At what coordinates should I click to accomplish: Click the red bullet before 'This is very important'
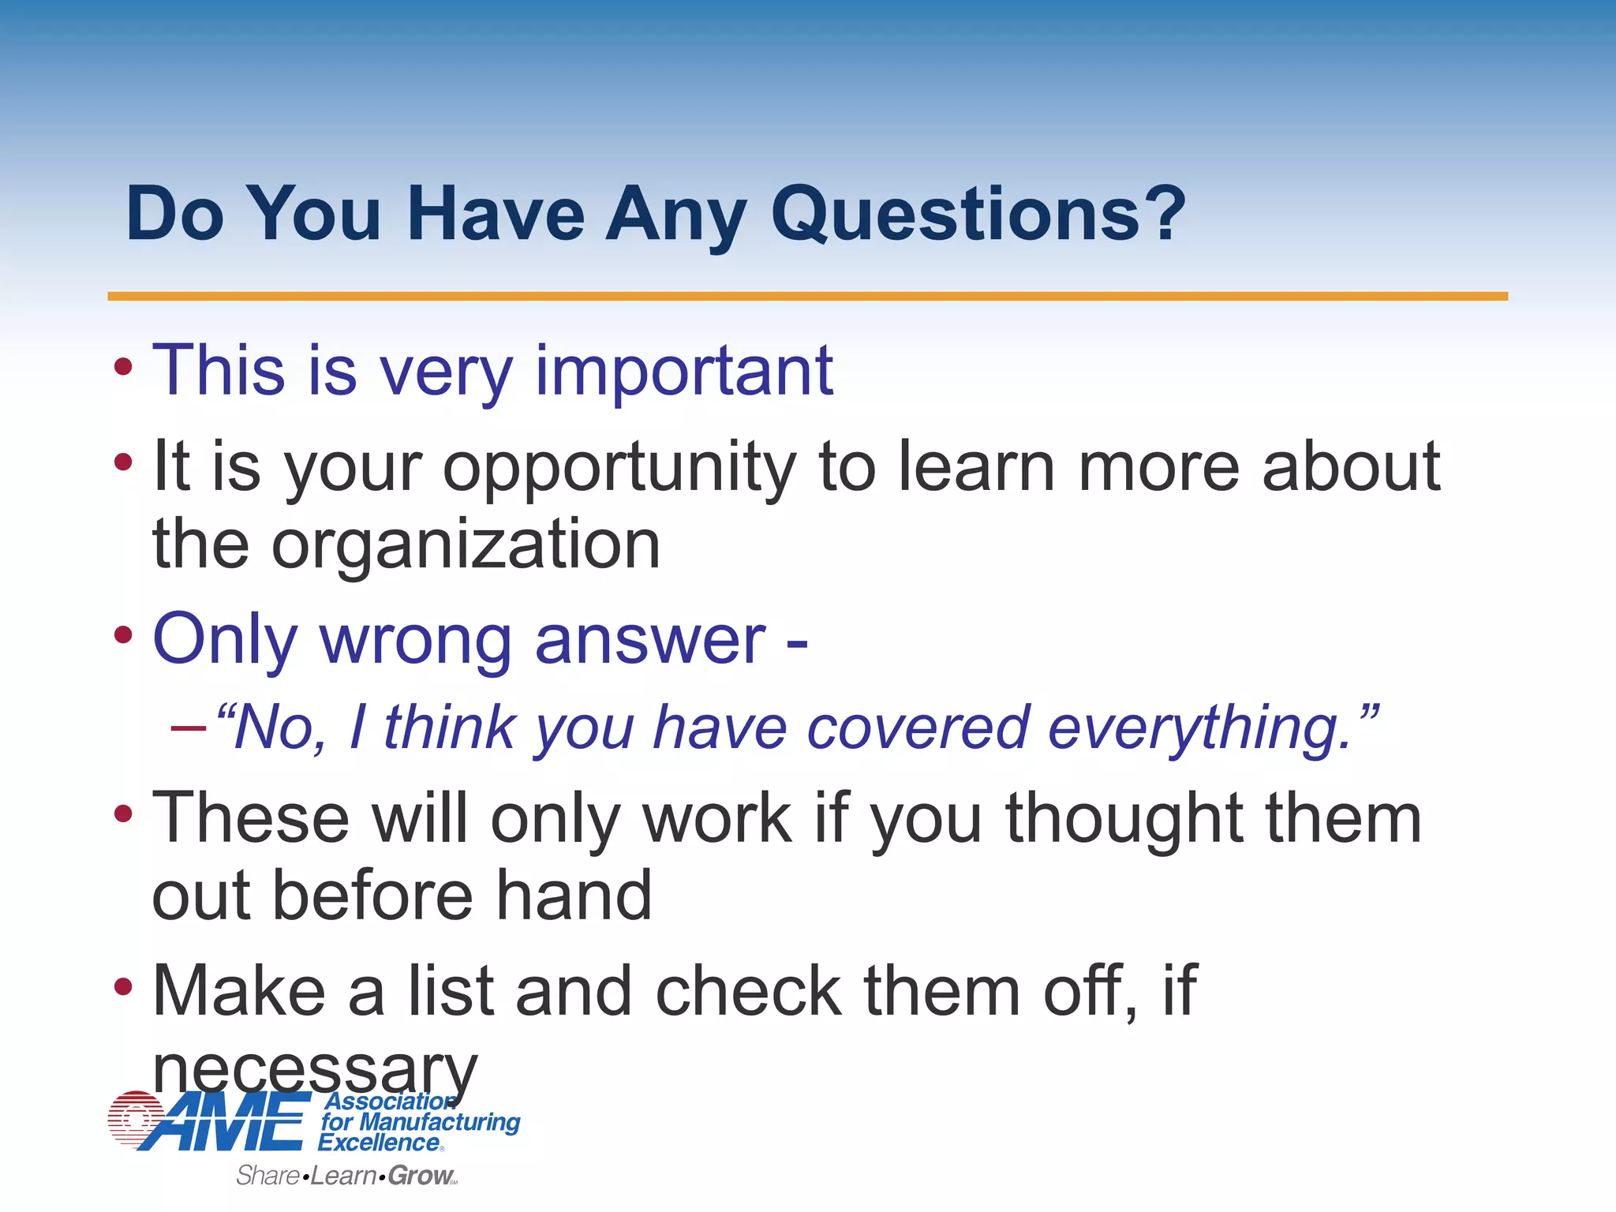tap(123, 366)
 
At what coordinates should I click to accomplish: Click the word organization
tap(466, 544)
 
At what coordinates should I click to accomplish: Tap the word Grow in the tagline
tap(420, 1176)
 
